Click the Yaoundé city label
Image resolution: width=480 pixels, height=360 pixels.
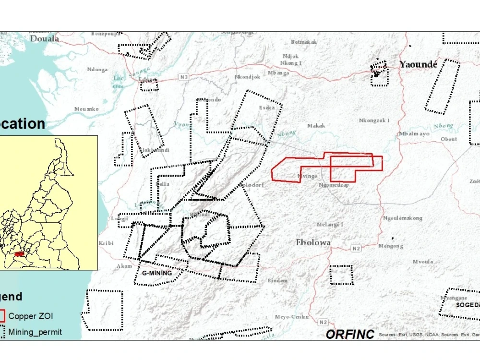[x=419, y=64]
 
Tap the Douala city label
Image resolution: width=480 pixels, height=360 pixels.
[x=45, y=38]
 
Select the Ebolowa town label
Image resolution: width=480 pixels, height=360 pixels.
[x=313, y=242]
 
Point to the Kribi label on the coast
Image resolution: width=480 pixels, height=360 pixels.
[x=106, y=243]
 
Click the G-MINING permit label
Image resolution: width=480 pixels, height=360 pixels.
[x=157, y=273]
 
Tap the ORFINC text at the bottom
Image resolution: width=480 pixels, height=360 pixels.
[x=350, y=334]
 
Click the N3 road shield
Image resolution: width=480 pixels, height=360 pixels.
[x=184, y=77]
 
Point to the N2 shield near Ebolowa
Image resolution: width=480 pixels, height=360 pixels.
[x=356, y=248]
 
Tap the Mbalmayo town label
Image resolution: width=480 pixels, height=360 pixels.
[x=414, y=134]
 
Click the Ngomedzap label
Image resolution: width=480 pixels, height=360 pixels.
[x=334, y=185]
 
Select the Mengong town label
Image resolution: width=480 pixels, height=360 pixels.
[x=391, y=246]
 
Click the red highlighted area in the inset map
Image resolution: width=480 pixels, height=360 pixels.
[x=19, y=254]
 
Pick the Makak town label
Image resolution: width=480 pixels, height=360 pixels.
[x=316, y=126]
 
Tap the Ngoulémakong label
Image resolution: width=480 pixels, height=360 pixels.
[x=403, y=218]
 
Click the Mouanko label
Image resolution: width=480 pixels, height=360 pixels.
[x=86, y=109]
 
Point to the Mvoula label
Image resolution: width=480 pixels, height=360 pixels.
[x=423, y=262]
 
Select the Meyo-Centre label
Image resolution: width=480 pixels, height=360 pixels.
[x=292, y=317]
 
